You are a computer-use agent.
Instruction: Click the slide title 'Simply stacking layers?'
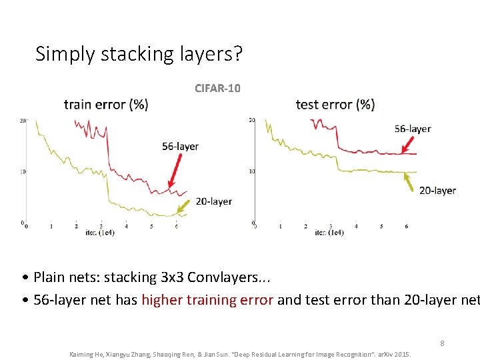click(139, 53)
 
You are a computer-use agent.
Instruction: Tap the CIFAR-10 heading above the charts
click(217, 87)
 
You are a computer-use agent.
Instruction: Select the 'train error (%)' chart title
click(106, 104)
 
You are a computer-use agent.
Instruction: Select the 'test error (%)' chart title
click(335, 104)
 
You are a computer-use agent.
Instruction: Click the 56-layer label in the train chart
click(180, 146)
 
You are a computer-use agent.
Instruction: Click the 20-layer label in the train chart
click(214, 201)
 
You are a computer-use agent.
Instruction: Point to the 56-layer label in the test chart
click(413, 129)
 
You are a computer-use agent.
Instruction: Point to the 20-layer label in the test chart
click(437, 190)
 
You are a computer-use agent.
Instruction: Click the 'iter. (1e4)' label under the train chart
click(99, 233)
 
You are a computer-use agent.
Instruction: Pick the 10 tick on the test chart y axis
click(252, 171)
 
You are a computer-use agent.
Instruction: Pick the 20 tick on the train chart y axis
click(23, 121)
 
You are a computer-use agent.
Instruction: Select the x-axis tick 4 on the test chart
click(356, 227)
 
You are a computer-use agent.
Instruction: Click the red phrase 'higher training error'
click(207, 300)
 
